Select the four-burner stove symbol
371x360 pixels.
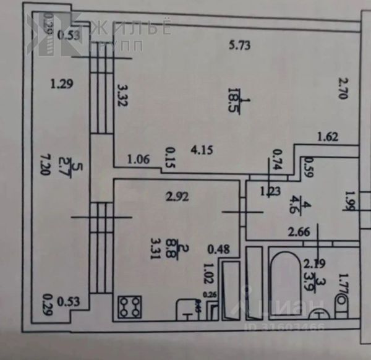[x=131, y=307]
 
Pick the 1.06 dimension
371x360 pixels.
[x=139, y=161]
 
